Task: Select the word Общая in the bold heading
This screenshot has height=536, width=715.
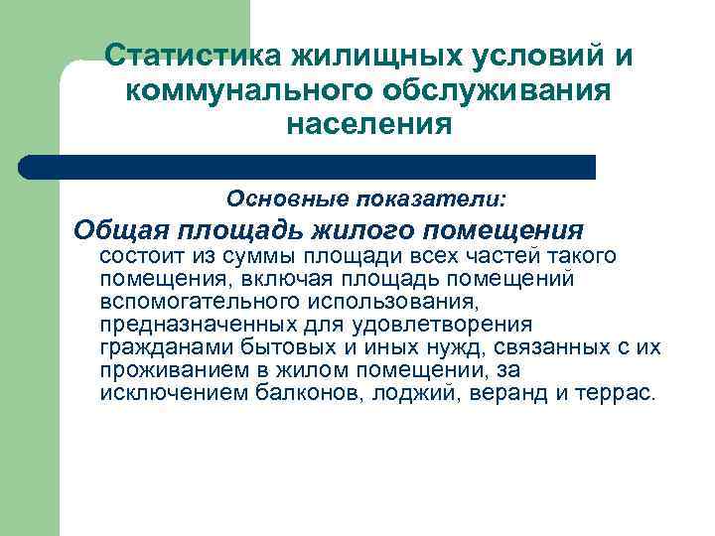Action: click(x=123, y=231)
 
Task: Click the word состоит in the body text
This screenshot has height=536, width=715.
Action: click(x=139, y=257)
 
